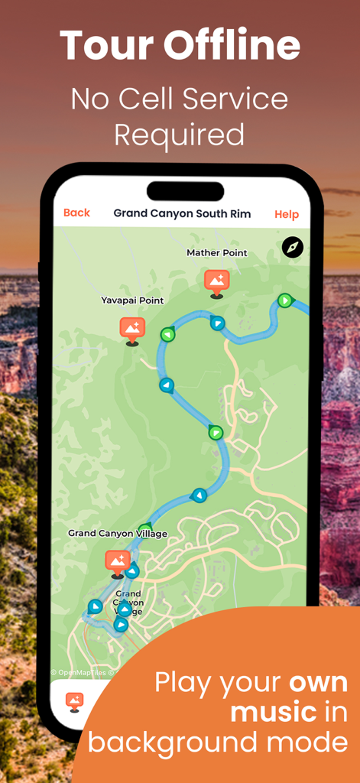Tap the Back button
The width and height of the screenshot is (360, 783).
click(76, 213)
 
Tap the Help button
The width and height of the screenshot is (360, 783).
click(287, 214)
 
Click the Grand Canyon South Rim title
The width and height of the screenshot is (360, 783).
click(182, 213)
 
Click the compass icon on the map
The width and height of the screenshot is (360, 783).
click(293, 247)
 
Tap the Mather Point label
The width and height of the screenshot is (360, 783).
click(217, 253)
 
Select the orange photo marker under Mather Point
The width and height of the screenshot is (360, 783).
click(216, 281)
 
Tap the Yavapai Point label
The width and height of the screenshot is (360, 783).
click(132, 301)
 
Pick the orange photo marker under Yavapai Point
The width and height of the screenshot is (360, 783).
click(132, 330)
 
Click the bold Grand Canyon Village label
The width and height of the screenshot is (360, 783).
click(118, 533)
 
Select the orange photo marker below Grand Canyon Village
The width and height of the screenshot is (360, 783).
click(118, 562)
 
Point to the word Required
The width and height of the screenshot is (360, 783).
click(180, 135)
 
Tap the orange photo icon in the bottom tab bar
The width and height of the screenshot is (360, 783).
click(74, 700)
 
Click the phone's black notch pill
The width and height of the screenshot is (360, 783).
click(185, 190)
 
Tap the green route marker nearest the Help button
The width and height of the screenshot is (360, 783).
click(285, 301)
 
